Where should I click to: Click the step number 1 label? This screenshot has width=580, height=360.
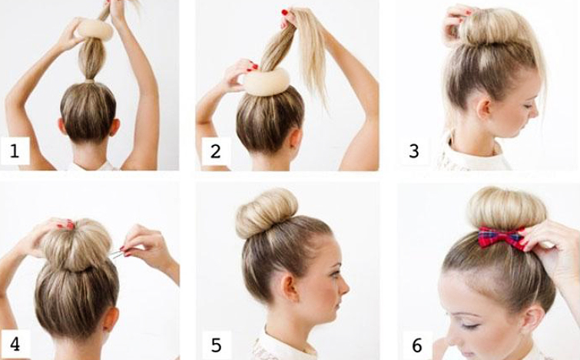15,151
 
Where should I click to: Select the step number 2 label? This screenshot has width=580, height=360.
215,151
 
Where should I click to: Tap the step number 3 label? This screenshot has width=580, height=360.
414,151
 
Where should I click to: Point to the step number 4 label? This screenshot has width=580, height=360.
15,344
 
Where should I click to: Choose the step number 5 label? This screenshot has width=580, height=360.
216,345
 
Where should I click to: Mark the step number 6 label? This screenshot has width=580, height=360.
417,345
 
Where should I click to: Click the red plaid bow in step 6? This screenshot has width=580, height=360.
501,238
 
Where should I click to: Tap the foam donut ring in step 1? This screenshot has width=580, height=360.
94,30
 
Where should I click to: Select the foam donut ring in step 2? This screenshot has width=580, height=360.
267,81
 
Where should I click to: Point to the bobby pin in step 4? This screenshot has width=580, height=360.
117,253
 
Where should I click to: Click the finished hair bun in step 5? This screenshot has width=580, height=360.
267,212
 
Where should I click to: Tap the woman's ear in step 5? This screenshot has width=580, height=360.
289,287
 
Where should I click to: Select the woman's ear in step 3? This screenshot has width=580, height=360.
483,107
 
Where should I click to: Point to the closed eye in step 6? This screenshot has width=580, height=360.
469,325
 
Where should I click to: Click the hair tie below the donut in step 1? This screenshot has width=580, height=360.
89,81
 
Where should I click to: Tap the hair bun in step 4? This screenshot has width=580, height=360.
76,245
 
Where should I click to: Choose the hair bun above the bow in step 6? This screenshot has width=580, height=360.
506,209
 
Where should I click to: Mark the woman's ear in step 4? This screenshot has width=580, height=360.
110,319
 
